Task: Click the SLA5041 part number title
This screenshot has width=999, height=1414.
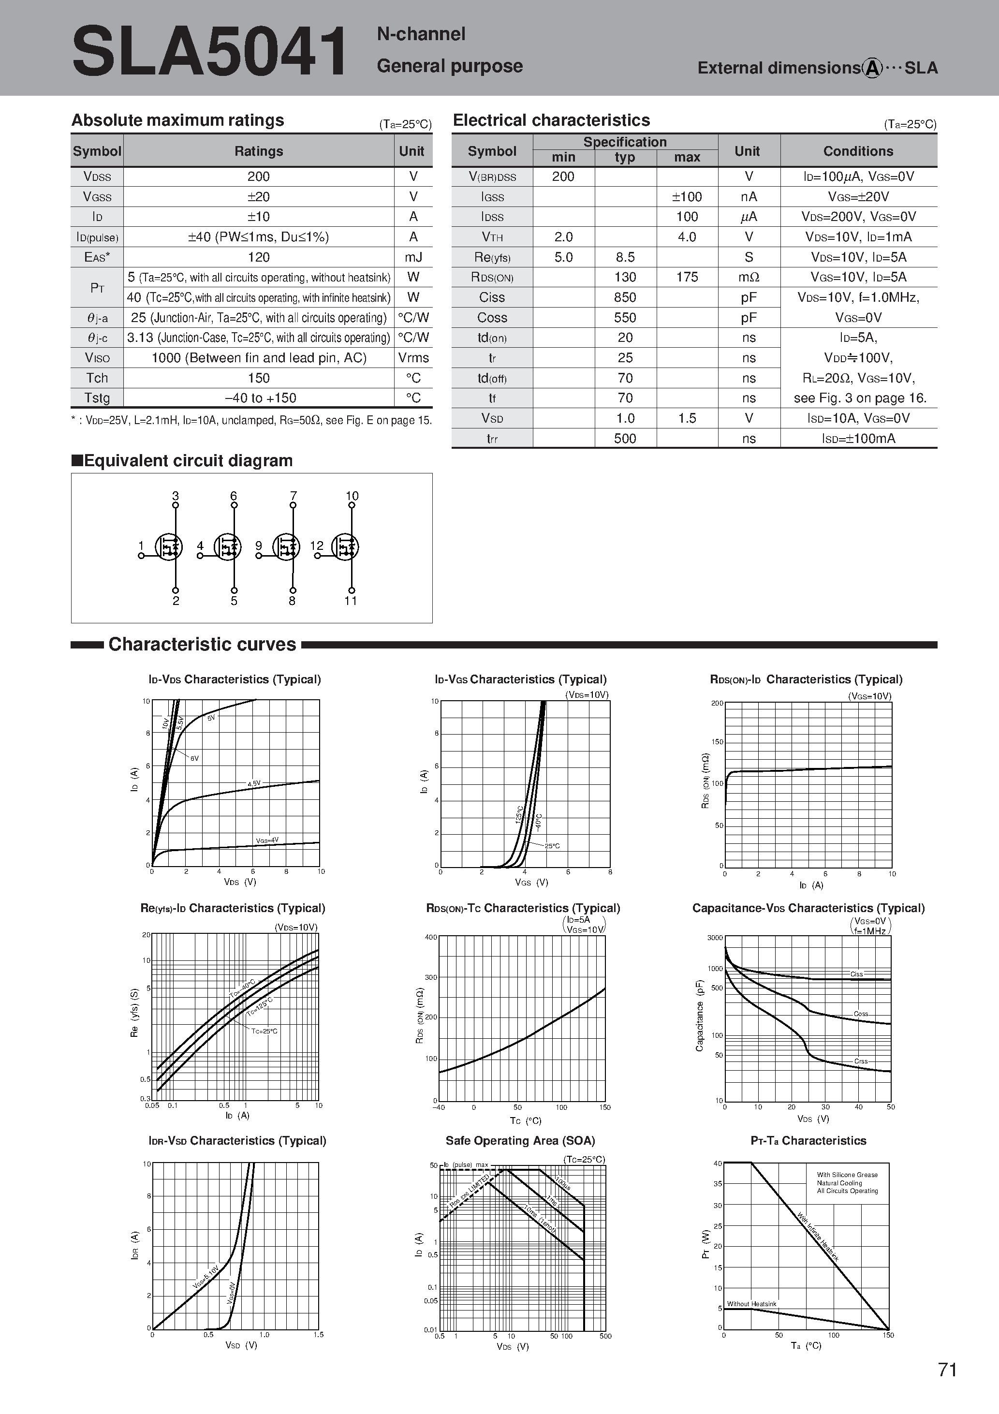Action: [209, 52]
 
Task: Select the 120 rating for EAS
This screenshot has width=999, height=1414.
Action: [259, 257]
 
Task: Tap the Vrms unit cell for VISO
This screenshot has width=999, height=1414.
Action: [413, 358]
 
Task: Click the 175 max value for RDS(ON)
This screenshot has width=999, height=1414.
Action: [687, 277]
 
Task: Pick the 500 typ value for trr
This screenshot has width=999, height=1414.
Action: [625, 439]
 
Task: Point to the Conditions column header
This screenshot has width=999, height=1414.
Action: [858, 151]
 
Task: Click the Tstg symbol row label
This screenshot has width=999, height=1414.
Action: [97, 398]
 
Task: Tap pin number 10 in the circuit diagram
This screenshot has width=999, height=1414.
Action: [352, 496]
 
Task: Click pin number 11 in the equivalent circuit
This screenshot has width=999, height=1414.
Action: [351, 601]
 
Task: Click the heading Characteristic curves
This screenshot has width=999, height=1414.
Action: [202, 644]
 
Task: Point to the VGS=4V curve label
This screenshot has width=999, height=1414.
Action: [267, 840]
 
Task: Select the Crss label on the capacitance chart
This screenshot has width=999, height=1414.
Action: [860, 1061]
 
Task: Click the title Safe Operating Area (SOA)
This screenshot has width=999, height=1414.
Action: [520, 1141]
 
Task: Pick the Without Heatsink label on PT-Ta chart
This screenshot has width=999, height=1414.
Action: [751, 1304]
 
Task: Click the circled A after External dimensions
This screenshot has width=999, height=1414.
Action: [872, 68]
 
